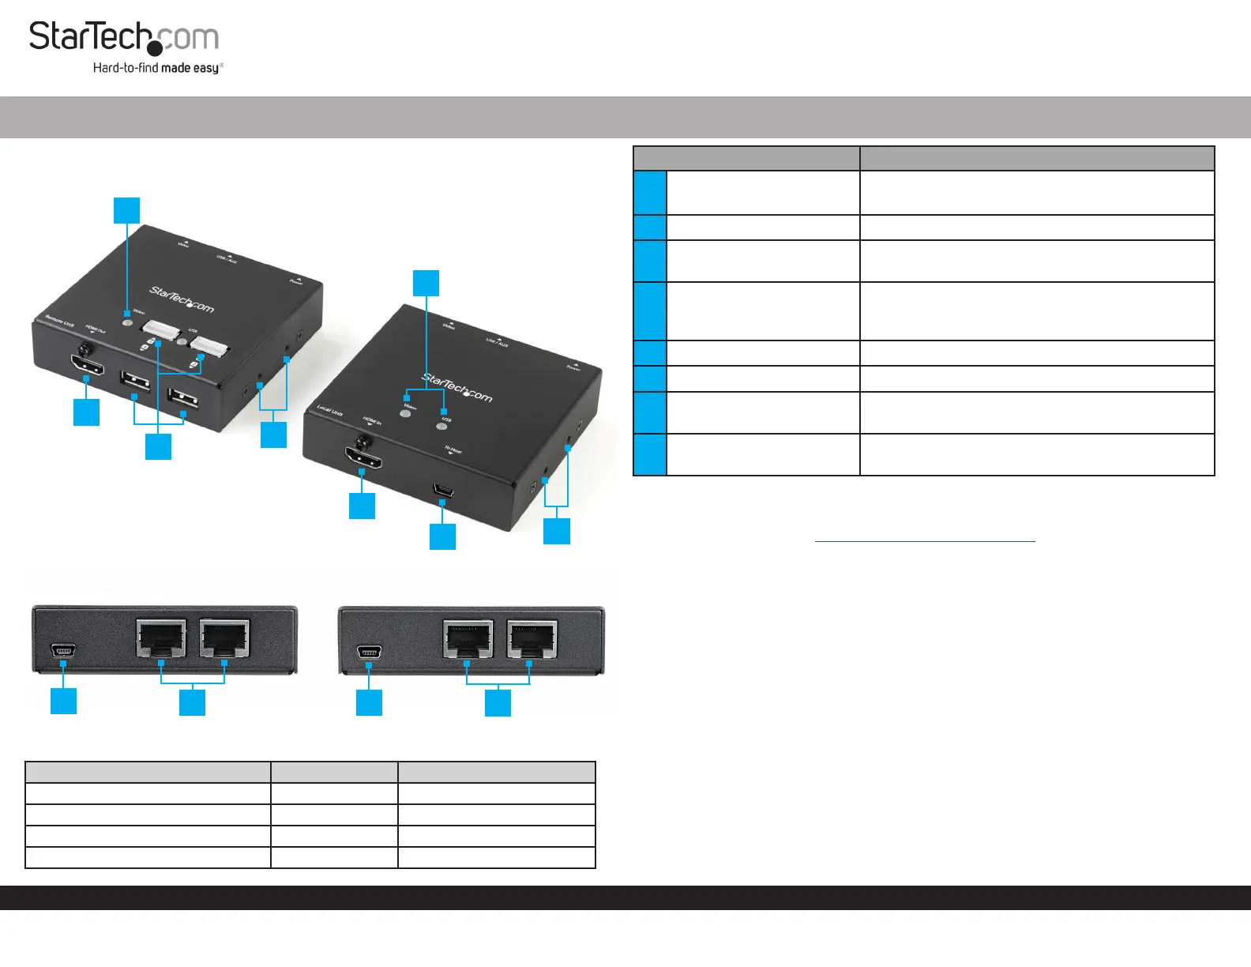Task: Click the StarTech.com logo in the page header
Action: [x=124, y=38]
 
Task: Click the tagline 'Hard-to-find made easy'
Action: [x=157, y=68]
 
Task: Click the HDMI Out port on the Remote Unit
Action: [x=87, y=365]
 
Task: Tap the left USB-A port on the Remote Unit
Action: [x=135, y=380]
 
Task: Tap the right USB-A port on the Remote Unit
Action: [x=183, y=397]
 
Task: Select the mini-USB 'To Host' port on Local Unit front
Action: [x=443, y=491]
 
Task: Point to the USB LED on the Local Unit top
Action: [x=442, y=426]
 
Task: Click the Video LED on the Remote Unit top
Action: [x=126, y=320]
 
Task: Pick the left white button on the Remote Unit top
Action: [x=161, y=329]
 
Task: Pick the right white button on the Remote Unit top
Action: [x=208, y=344]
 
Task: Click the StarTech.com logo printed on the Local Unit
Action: [x=457, y=388]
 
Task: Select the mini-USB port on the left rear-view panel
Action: [x=63, y=651]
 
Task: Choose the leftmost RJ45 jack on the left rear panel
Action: [x=161, y=638]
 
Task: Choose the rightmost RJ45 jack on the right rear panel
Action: [x=531, y=638]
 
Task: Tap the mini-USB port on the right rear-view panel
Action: [x=369, y=652]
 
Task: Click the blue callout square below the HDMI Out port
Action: [x=86, y=412]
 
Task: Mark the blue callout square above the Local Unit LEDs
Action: [x=426, y=283]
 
